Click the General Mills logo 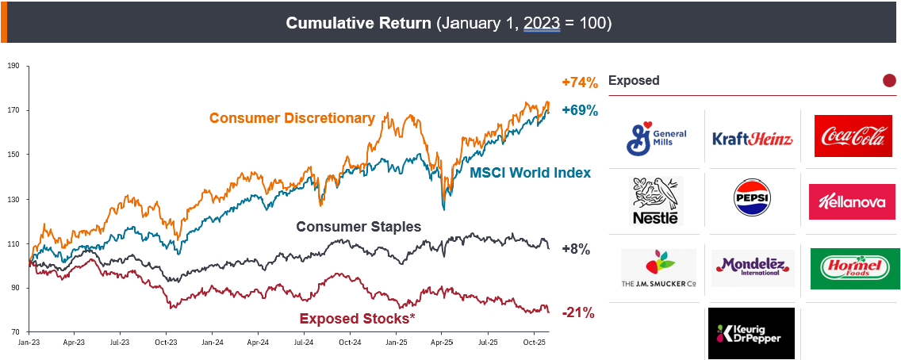tap(658, 137)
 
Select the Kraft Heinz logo tap(752, 139)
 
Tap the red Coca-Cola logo tap(853, 136)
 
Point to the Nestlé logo tap(655, 201)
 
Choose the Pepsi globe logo tap(753, 201)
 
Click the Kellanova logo tap(852, 201)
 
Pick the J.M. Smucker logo tap(658, 269)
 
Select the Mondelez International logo tap(752, 268)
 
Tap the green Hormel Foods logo tap(854, 269)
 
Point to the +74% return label tap(579, 82)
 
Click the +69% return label tap(579, 110)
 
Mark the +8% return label tap(576, 249)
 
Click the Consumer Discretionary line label tap(292, 118)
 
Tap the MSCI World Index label tap(530, 172)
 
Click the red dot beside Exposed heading tap(889, 80)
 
